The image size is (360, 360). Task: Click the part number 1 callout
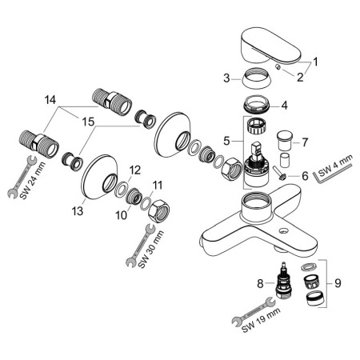coord(315,61)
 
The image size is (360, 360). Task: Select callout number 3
coord(226,78)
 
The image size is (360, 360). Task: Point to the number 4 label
coord(306,104)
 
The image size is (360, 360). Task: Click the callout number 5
coord(226,140)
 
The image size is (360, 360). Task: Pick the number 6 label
coord(304,175)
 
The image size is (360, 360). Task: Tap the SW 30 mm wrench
coord(138,243)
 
